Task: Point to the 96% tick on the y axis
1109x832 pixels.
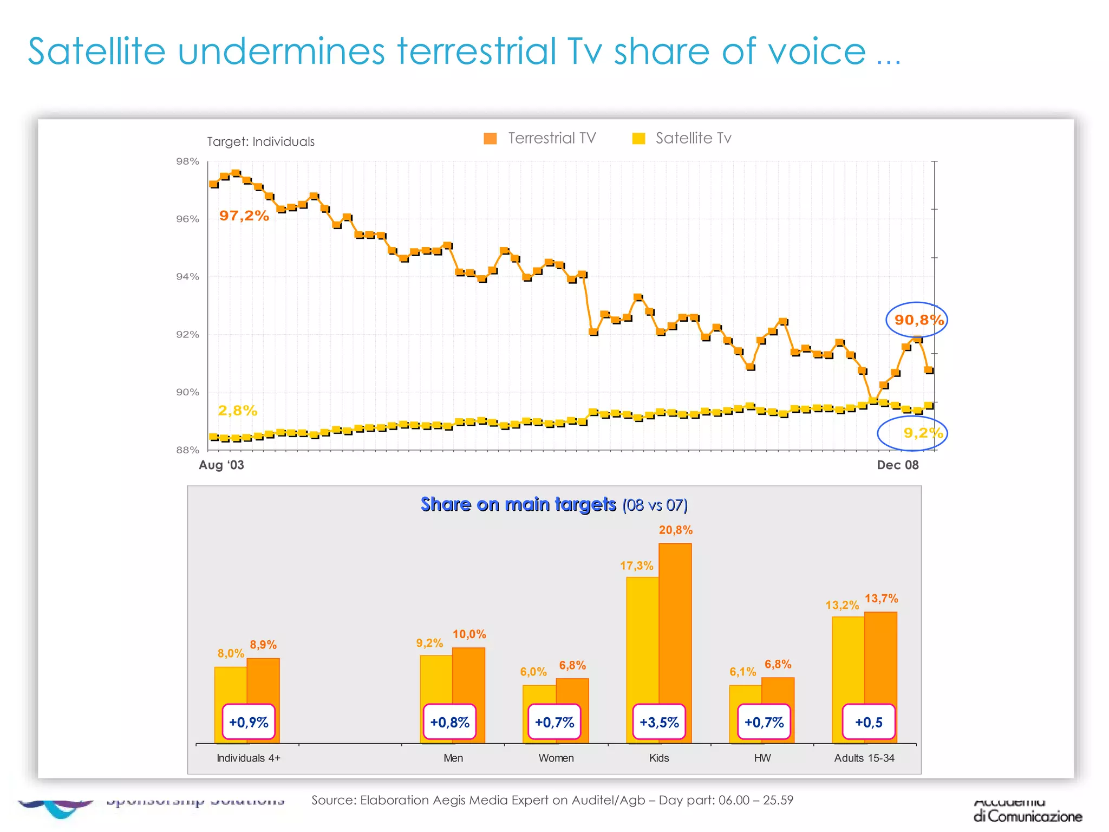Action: [187, 219]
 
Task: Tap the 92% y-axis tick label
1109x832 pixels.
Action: [187, 335]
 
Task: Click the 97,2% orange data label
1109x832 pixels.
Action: [244, 216]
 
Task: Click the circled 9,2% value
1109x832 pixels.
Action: [922, 433]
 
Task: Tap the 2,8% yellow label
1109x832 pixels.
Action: [237, 411]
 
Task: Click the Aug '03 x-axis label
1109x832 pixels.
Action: [221, 465]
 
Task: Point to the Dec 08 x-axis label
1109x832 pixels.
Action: [897, 465]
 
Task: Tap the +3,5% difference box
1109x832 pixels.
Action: [659, 723]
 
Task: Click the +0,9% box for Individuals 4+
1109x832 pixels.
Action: [249, 723]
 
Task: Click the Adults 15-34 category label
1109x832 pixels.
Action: [864, 758]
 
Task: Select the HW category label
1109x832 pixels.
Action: [762, 758]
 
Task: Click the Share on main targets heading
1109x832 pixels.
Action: [518, 505]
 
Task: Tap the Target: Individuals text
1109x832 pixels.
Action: [260, 142]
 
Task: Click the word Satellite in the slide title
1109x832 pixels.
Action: [96, 52]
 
